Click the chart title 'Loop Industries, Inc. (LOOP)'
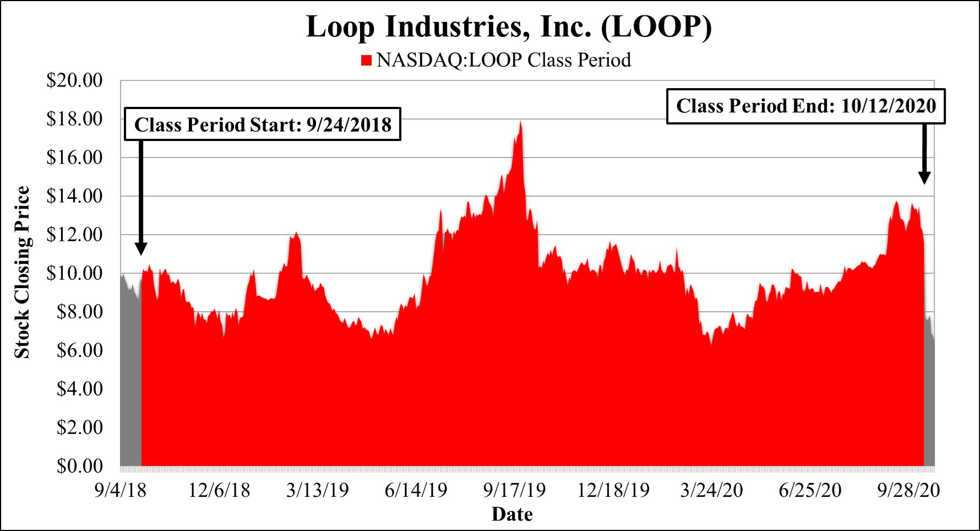tap(509, 26)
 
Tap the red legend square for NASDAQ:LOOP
tap(366, 60)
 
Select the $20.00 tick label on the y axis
tap(74, 80)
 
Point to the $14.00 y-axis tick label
tap(74, 196)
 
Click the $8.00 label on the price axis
tap(79, 312)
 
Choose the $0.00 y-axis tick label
tap(79, 466)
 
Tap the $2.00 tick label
tap(79, 427)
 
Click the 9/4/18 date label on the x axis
tap(120, 490)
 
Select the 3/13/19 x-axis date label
tap(317, 490)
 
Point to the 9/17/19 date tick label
tap(514, 490)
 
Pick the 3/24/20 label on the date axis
tap(711, 490)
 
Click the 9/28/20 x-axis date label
tap(908, 490)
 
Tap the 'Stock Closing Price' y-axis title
tap(22, 272)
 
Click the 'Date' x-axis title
tap(512, 514)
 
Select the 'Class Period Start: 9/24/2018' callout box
tap(263, 124)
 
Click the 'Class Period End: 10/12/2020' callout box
tap(805, 106)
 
